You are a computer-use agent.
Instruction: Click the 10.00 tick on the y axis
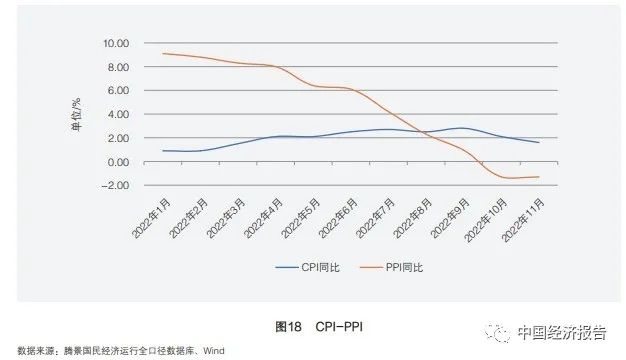(x=116, y=44)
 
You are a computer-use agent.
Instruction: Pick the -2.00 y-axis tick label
(x=116, y=185)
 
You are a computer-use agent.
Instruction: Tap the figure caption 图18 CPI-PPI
(x=313, y=326)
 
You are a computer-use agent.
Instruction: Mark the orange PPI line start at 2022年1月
(x=162, y=54)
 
